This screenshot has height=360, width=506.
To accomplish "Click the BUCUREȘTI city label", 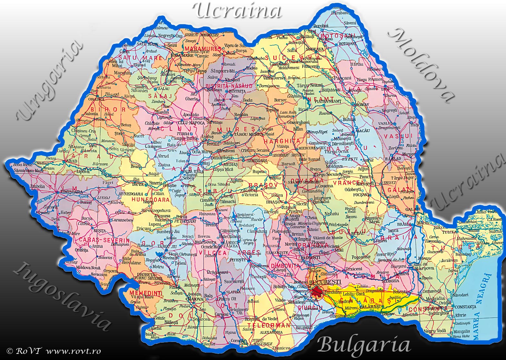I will [x=325, y=282].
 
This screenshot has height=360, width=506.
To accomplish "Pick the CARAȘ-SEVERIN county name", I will [x=104, y=240].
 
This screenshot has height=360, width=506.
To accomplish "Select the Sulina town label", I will [x=495, y=231].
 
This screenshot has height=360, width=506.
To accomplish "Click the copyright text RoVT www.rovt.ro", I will [x=54, y=351].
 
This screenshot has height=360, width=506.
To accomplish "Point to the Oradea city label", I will [x=96, y=100].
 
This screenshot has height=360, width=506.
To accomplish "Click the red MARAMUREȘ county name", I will [x=203, y=49].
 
